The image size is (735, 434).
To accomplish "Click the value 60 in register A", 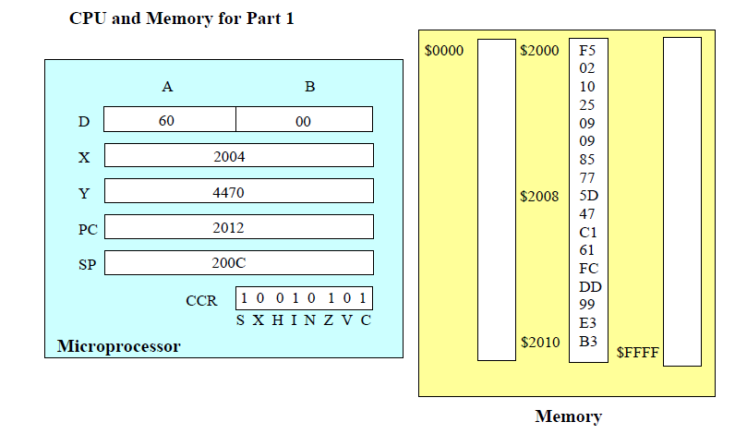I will [x=166, y=120].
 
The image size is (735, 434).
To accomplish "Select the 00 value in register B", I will [x=304, y=121].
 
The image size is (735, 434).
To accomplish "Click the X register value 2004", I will [x=229, y=156].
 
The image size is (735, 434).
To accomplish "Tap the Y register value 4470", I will [x=229, y=192].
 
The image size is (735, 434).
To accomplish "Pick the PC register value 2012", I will [x=229, y=227].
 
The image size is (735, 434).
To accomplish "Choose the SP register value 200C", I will [x=229, y=263].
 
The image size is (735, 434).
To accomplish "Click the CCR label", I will [x=201, y=300].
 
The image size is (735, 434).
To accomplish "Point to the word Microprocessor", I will [x=118, y=346].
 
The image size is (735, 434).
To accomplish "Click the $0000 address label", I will [x=444, y=51].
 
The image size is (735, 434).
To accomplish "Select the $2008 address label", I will [x=539, y=196].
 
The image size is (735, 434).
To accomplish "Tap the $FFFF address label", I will [x=637, y=352].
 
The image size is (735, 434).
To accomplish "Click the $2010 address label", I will [x=539, y=342].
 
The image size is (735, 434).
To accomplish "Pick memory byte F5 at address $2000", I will [x=587, y=51].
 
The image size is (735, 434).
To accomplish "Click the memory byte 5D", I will [x=587, y=196].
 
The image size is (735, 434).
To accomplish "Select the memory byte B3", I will [x=587, y=342].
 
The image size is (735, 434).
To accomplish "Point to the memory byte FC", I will [x=587, y=269].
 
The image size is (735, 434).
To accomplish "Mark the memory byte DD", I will [x=589, y=287].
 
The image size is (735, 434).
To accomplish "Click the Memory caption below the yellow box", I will [x=568, y=416].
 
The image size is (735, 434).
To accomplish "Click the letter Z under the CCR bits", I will [x=329, y=319].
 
